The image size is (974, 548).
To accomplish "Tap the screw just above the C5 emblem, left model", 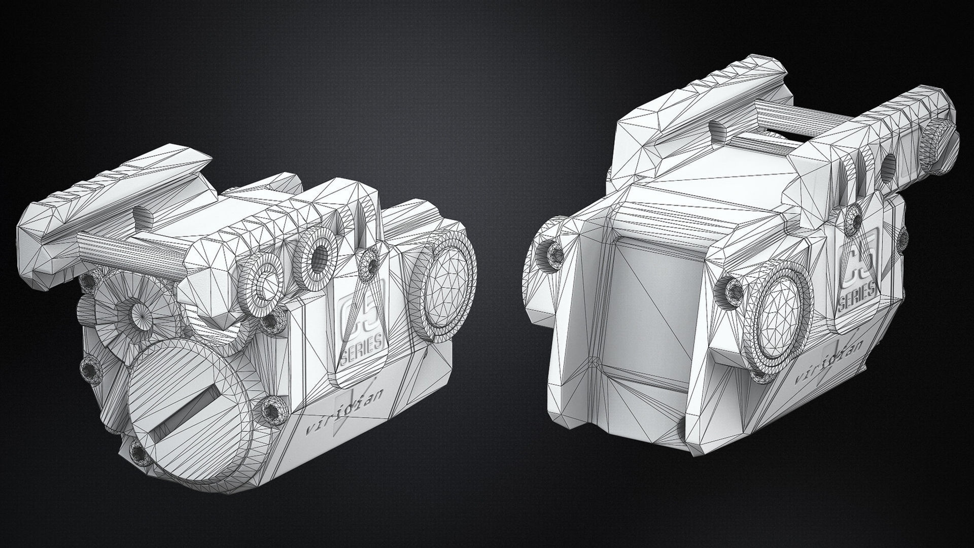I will point(367,263).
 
